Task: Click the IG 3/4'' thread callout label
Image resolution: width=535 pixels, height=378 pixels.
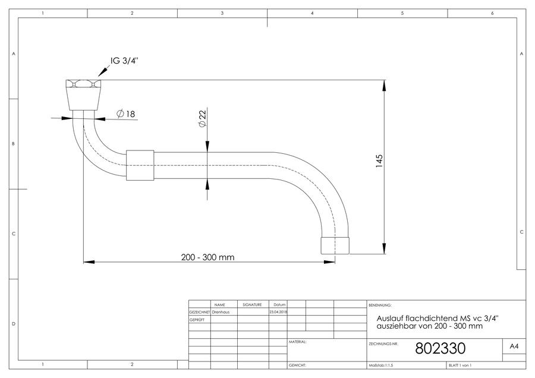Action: pyautogui.click(x=125, y=61)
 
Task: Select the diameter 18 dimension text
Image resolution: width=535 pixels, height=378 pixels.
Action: pyautogui.click(x=126, y=114)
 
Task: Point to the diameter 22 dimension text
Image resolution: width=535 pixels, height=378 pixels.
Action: pyautogui.click(x=202, y=118)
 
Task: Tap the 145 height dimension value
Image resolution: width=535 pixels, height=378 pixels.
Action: pyautogui.click(x=379, y=161)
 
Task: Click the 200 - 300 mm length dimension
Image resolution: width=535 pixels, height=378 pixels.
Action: pyautogui.click(x=208, y=257)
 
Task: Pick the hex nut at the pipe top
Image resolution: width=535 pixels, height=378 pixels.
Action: pyautogui.click(x=84, y=84)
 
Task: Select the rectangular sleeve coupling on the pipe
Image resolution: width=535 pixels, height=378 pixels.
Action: pyautogui.click(x=140, y=165)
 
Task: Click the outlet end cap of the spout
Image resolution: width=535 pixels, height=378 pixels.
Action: pyautogui.click(x=335, y=245)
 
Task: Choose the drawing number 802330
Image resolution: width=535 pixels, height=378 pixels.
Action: pyautogui.click(x=440, y=348)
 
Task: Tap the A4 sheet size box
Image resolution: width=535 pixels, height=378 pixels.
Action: pyautogui.click(x=514, y=346)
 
